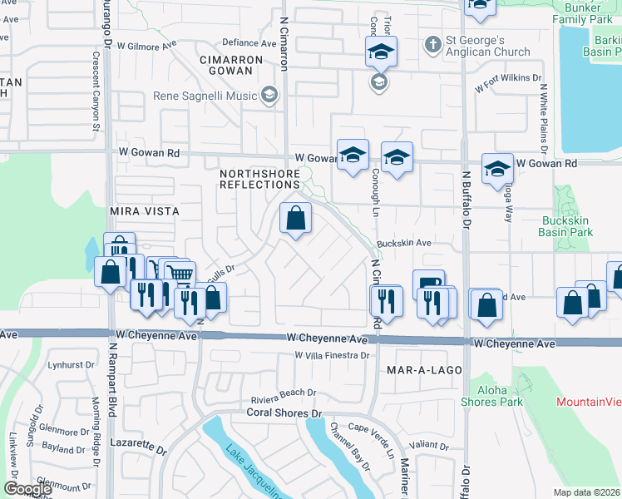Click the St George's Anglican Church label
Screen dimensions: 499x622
click(x=488, y=47)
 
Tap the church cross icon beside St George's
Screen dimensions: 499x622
click(x=433, y=42)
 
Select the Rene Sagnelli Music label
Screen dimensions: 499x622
click(x=205, y=96)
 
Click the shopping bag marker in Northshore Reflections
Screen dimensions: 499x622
click(x=296, y=220)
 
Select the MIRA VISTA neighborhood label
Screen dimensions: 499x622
click(x=145, y=212)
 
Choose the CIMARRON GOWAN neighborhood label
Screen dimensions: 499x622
click(x=231, y=67)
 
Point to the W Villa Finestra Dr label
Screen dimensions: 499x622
click(x=331, y=355)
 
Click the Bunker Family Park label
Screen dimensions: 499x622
click(x=582, y=12)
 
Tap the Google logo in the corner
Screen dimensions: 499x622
click(x=27, y=489)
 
